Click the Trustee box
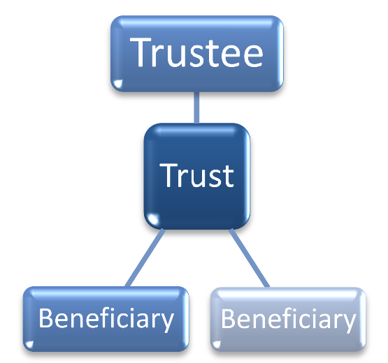click(197, 54)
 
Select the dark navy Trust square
click(197, 176)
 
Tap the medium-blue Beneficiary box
click(106, 319)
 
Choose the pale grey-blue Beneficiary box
click(288, 319)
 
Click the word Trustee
click(196, 52)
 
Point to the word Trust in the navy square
click(196, 175)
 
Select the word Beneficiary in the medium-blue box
click(106, 319)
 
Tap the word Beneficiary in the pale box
click(288, 319)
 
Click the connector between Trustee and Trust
click(196, 108)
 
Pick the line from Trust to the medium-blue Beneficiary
click(145, 258)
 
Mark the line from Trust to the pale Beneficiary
click(250, 258)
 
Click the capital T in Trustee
click(141, 52)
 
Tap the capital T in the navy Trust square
click(168, 175)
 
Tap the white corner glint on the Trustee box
click(118, 84)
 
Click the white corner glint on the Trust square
click(152, 219)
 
